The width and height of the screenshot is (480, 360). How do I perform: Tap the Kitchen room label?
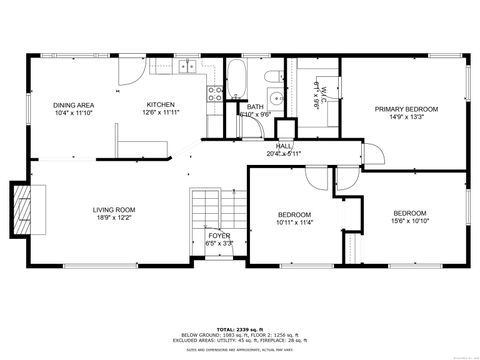pyautogui.click(x=161, y=105)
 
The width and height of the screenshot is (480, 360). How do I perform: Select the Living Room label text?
pyautogui.click(x=114, y=210)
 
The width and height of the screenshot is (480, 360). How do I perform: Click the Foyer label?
pyautogui.click(x=219, y=235)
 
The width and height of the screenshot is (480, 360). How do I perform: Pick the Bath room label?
pyautogui.click(x=255, y=106)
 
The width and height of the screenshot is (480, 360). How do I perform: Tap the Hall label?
pyautogui.click(x=284, y=145)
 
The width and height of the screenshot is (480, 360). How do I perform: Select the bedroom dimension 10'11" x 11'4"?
pyautogui.click(x=294, y=223)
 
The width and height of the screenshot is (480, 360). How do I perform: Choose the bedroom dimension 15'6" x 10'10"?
pyautogui.click(x=409, y=221)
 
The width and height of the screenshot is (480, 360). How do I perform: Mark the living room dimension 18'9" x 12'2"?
pyautogui.click(x=114, y=218)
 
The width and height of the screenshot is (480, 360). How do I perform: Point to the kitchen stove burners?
pyautogui.click(x=214, y=94)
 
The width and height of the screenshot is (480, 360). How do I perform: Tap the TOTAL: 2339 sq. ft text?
pyautogui.click(x=239, y=328)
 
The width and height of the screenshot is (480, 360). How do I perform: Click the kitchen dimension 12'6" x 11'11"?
pyautogui.click(x=161, y=113)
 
